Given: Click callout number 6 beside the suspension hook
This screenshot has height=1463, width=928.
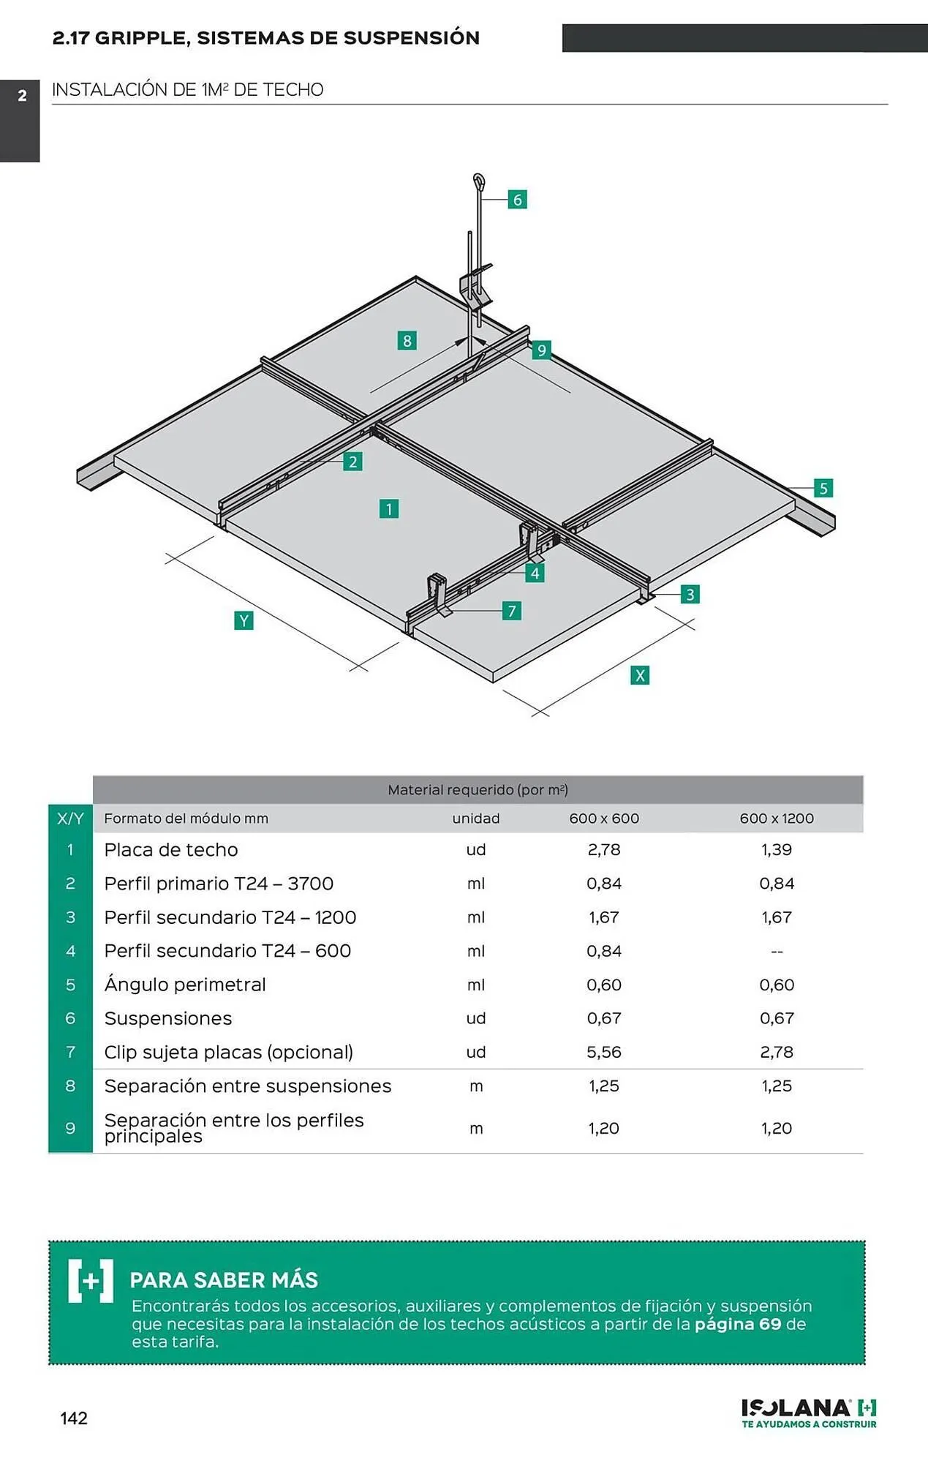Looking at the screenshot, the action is pyautogui.click(x=517, y=200).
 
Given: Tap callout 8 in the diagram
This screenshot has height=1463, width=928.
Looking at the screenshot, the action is pyautogui.click(x=407, y=340).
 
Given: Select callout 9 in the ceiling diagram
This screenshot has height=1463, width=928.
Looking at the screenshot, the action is pyautogui.click(x=541, y=350).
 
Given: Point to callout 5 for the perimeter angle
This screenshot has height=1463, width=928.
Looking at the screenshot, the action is pyautogui.click(x=823, y=488).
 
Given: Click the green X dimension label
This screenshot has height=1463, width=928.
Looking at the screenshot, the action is pyautogui.click(x=640, y=675).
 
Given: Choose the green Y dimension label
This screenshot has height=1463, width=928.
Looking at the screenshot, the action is pyautogui.click(x=244, y=621).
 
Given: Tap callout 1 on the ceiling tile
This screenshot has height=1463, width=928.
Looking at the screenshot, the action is pyautogui.click(x=389, y=508).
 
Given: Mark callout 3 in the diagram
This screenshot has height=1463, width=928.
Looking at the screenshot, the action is pyautogui.click(x=690, y=594).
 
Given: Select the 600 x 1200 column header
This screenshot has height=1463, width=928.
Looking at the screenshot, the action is pyautogui.click(x=777, y=819).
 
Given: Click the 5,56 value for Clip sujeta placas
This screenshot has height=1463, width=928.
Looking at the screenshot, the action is pyautogui.click(x=604, y=1052).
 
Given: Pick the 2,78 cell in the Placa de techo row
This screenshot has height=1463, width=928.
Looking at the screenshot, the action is pyautogui.click(x=604, y=849).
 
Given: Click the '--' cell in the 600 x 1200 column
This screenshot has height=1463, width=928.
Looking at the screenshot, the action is pyautogui.click(x=777, y=951).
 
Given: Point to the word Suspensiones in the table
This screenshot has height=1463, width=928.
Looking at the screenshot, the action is pyautogui.click(x=168, y=1018).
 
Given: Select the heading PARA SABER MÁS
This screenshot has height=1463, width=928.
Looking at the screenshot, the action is pyautogui.click(x=224, y=1280).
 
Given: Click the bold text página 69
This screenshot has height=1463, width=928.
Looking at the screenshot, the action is pyautogui.click(x=738, y=1324).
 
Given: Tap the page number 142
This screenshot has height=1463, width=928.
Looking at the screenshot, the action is pyautogui.click(x=74, y=1418).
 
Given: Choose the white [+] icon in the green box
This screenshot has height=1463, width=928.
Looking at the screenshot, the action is pyautogui.click(x=91, y=1281).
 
